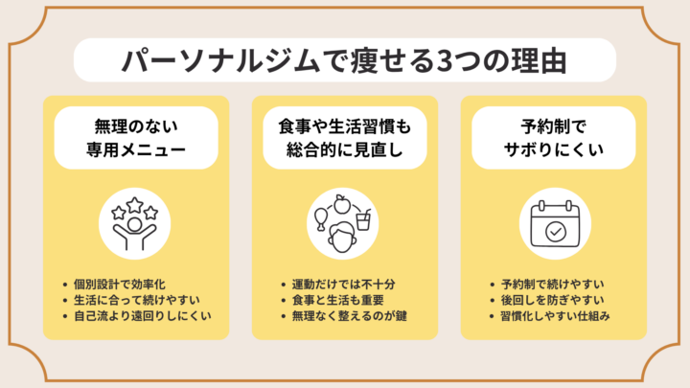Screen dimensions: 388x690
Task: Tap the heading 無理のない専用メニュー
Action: [x=135, y=137]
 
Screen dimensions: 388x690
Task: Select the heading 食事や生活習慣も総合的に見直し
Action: [x=344, y=137]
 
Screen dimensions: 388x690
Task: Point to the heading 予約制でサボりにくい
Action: [x=554, y=137]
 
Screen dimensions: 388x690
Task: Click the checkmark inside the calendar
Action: [x=554, y=233]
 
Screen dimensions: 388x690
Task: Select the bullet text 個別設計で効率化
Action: [x=120, y=285]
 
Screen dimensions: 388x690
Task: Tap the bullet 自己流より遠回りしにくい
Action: [x=142, y=315]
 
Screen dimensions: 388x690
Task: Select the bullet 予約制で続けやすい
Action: [x=550, y=285]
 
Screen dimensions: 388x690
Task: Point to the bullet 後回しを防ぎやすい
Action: [x=550, y=300]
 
